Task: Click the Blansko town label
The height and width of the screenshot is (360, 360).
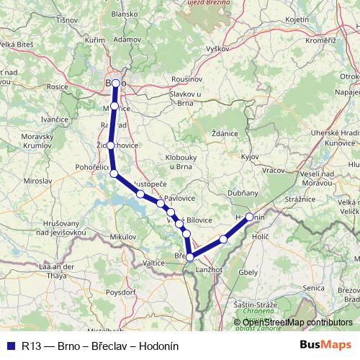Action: click(124, 34)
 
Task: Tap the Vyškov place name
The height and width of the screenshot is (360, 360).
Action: click(217, 48)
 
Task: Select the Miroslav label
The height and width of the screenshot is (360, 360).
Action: click(58, 183)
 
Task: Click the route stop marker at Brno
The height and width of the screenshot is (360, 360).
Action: click(115, 84)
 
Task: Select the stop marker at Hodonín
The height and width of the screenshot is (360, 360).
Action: click(250, 217)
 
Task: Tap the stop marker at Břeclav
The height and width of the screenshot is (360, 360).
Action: click(189, 257)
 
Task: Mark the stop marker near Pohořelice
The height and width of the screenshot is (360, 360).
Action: click(113, 173)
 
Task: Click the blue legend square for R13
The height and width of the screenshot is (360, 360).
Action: click(9, 346)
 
